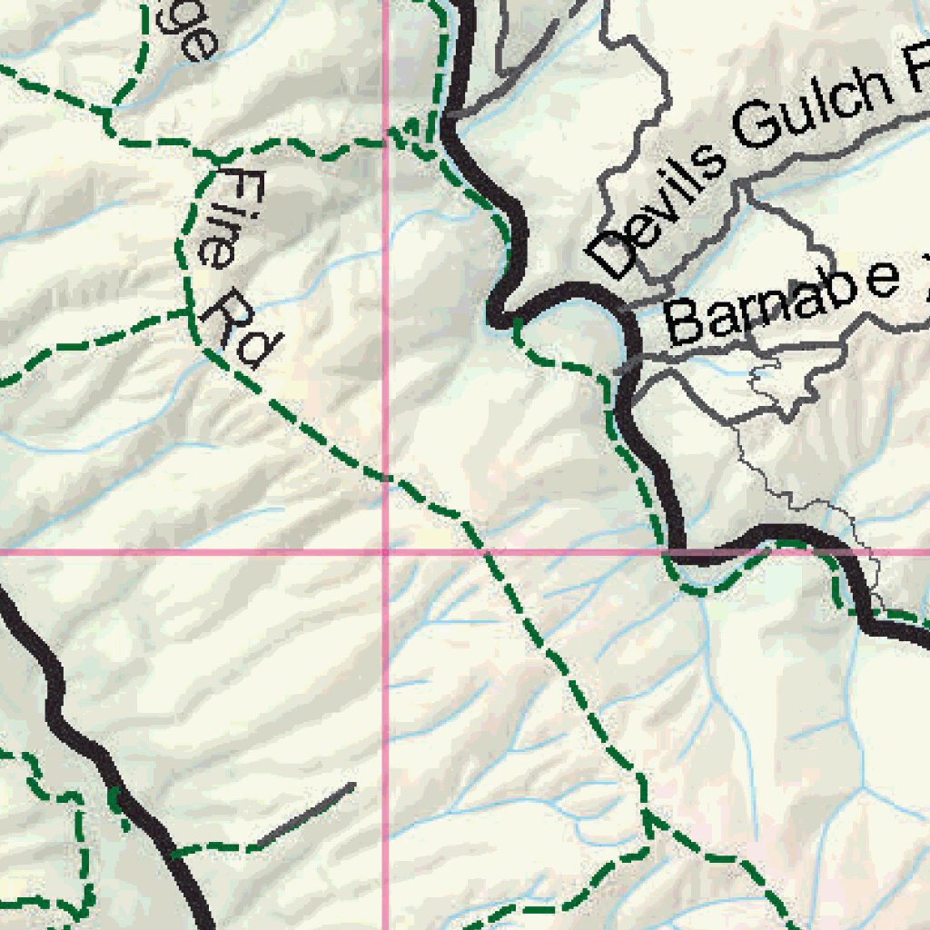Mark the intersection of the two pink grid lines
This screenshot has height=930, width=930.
(387, 550)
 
